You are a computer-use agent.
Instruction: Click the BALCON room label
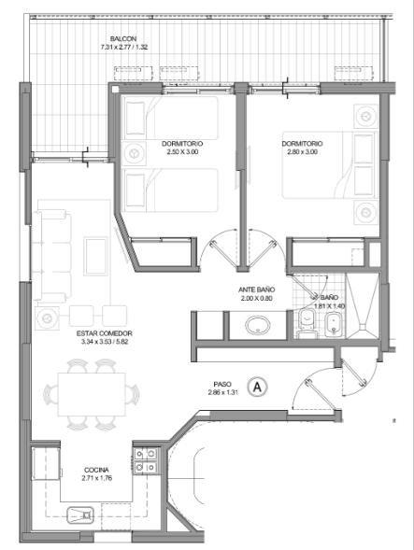tap(123, 38)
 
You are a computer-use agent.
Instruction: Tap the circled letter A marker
tap(257, 387)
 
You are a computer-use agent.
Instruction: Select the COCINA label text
tap(96, 470)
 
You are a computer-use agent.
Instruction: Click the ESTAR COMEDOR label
tap(105, 333)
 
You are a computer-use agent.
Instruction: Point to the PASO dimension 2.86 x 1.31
tap(222, 392)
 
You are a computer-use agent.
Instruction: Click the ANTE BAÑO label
tap(257, 289)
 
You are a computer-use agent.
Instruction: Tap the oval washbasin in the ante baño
tap(258, 325)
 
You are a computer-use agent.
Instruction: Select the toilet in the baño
tap(307, 324)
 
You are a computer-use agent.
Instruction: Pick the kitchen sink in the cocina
tap(80, 515)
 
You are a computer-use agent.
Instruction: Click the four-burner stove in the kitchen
tap(146, 460)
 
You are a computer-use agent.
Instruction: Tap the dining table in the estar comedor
tap(92, 394)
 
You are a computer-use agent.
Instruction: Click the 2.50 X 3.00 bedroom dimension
tap(182, 152)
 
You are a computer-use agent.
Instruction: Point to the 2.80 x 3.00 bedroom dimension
tap(303, 152)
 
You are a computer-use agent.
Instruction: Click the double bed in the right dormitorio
tap(329, 165)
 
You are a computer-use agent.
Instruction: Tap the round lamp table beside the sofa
tap(47, 317)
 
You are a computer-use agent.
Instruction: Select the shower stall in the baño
tap(363, 306)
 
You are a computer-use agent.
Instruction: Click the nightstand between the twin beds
tap(134, 153)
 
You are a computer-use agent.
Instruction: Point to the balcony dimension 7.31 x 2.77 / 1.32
tap(124, 47)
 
